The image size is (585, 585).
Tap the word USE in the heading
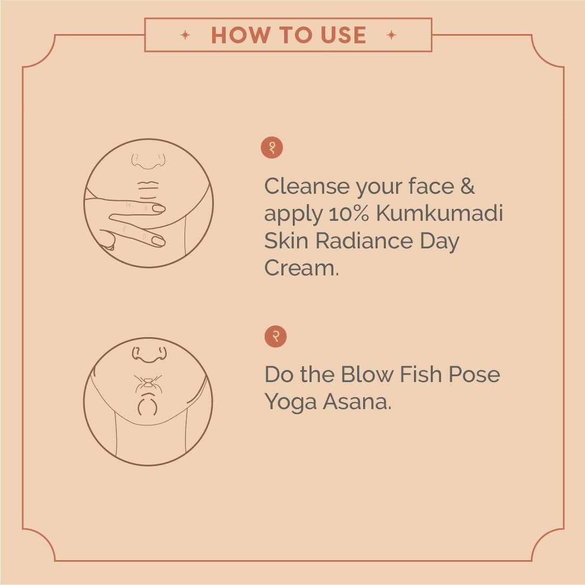pyautogui.click(x=343, y=35)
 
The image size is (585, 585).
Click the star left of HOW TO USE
pyautogui.click(x=185, y=35)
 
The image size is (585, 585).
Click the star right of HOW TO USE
pyautogui.click(x=391, y=35)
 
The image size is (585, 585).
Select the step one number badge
pyautogui.click(x=272, y=147)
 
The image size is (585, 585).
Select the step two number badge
pyautogui.click(x=275, y=336)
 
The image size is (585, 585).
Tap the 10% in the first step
pyautogui.click(x=349, y=213)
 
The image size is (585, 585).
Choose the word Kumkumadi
pyautogui.click(x=439, y=213)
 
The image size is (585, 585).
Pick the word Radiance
pyautogui.click(x=364, y=241)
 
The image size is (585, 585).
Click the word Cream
pyautogui.click(x=301, y=268)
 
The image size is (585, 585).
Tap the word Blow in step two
pyautogui.click(x=367, y=374)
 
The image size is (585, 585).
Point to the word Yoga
pyautogui.click(x=291, y=403)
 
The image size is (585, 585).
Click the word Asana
pyautogui.click(x=357, y=402)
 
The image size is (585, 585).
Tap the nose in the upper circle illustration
pyautogui.click(x=148, y=161)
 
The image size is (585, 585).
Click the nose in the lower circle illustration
pyautogui.click(x=149, y=354)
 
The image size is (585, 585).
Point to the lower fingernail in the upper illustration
pyautogui.click(x=159, y=241)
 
